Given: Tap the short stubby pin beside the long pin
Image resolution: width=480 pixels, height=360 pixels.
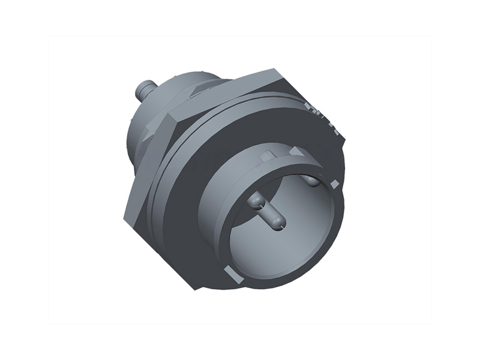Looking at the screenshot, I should tap(255, 200).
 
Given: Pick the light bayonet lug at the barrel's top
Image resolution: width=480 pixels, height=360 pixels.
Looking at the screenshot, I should tap(296, 152).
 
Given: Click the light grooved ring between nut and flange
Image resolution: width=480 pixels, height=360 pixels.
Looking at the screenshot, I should tap(157, 180).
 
